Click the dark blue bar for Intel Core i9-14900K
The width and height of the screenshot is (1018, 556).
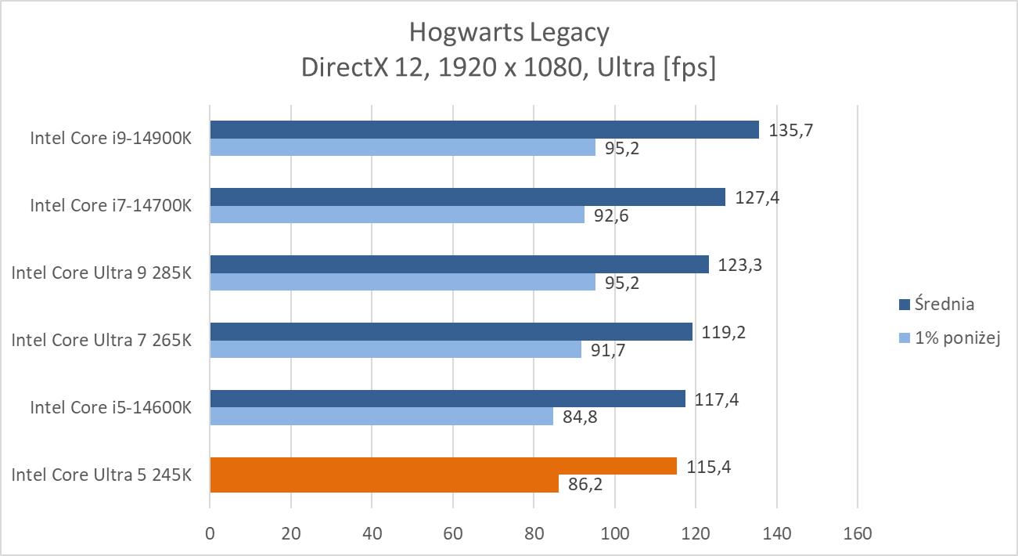(x=484, y=129)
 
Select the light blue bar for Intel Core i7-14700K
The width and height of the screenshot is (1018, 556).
(x=397, y=215)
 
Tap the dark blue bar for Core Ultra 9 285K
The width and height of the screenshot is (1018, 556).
(x=459, y=264)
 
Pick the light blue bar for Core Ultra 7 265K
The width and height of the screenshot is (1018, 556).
(x=395, y=349)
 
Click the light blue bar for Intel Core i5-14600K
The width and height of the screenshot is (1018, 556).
(x=381, y=417)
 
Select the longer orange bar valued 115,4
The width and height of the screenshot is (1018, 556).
(x=443, y=466)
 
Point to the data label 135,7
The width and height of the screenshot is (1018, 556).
(x=791, y=130)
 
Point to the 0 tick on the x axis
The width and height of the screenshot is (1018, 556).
(x=210, y=534)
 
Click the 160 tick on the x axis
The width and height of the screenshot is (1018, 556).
(x=858, y=534)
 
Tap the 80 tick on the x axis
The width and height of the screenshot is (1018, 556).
(x=534, y=534)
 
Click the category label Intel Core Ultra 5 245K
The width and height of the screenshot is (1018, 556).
(x=101, y=475)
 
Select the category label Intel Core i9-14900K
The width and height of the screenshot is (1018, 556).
(x=110, y=139)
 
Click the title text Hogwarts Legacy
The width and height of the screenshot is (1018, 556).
(x=509, y=33)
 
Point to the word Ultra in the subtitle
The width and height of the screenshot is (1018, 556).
(x=625, y=68)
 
